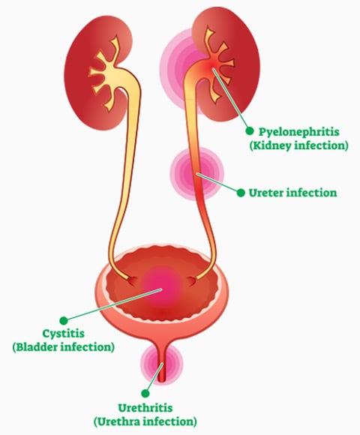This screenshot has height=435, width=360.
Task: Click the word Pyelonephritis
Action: [298, 132]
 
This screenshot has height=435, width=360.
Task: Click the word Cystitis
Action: [63, 333]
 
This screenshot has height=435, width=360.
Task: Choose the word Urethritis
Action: [145, 408]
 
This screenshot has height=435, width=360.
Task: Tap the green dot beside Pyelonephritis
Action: [249, 131]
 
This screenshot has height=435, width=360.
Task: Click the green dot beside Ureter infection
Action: [241, 193]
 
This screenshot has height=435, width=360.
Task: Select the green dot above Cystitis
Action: [64, 320]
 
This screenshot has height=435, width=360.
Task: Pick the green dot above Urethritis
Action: [145, 393]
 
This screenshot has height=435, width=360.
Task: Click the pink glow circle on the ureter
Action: [196, 173]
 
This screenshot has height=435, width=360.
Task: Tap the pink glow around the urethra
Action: [162, 364]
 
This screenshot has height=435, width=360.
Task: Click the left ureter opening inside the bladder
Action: [132, 280]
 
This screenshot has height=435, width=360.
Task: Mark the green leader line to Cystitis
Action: [113, 305]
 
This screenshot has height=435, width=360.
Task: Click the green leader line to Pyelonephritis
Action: [231, 100]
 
